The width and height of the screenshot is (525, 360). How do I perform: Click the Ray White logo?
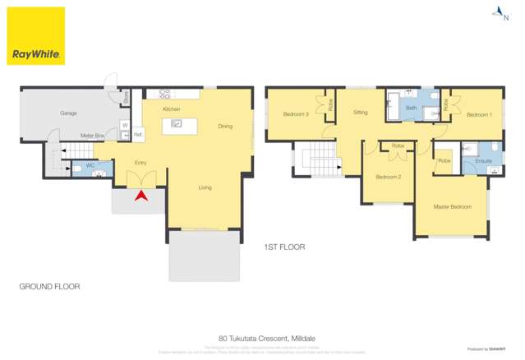click(36, 36)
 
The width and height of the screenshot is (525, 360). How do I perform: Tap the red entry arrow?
click(140, 196)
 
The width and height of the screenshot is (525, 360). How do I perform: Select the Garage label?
click(68, 113)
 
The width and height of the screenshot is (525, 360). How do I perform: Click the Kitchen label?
click(171, 109)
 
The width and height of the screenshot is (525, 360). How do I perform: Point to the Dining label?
click(225, 126)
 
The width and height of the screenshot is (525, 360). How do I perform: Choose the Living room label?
click(205, 187)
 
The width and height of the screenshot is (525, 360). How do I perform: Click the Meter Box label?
click(92, 135)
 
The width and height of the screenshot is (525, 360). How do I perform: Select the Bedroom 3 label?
click(295, 113)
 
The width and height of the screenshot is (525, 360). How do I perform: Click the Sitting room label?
click(361, 112)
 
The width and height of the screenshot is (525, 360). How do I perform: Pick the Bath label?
click(411, 108)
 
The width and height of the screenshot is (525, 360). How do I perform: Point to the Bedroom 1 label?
click(479, 115)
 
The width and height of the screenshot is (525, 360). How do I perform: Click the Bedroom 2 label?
click(388, 177)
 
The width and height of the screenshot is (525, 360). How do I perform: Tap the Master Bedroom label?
click(453, 206)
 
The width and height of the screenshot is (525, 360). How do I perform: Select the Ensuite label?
click(483, 160)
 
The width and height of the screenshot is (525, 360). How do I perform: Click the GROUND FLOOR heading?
click(49, 286)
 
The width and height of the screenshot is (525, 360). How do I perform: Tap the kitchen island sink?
click(175, 124)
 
